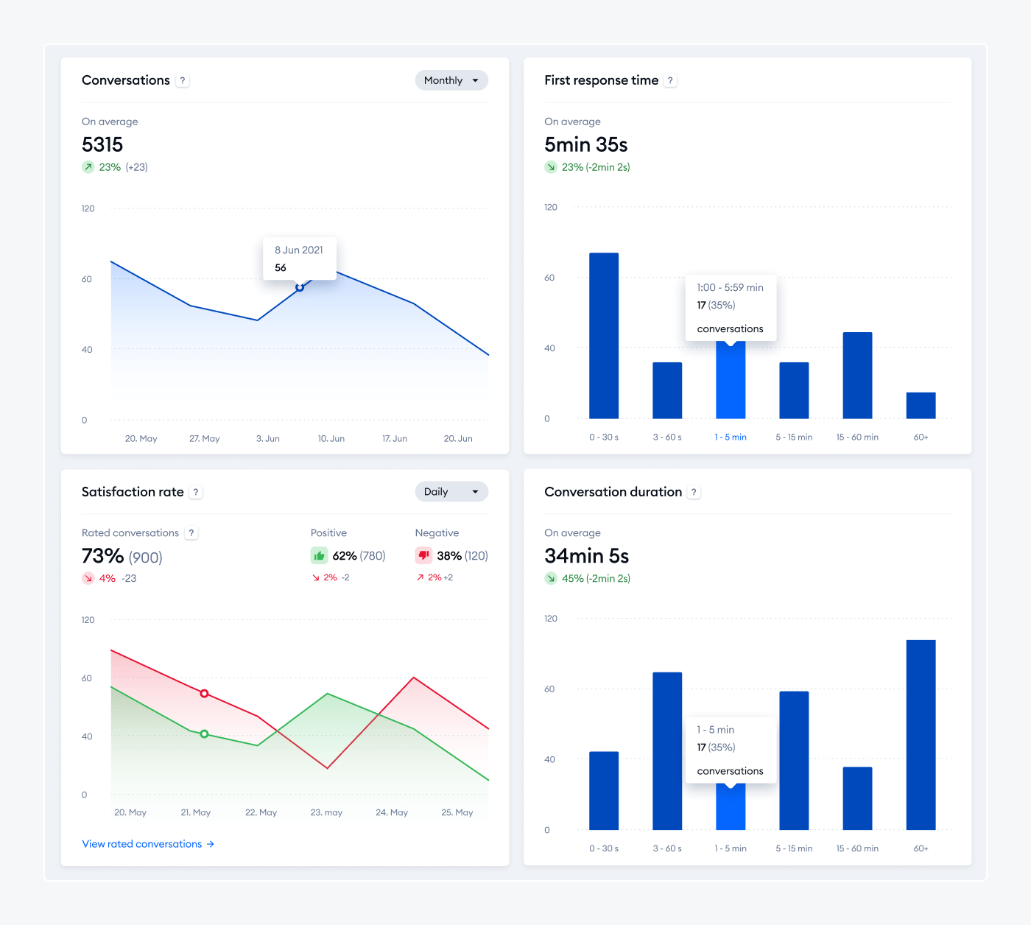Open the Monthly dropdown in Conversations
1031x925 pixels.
tap(451, 80)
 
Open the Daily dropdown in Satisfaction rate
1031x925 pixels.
tap(451, 492)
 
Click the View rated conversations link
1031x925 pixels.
tap(148, 844)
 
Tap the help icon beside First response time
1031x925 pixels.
tap(670, 81)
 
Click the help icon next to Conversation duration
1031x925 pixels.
tap(694, 493)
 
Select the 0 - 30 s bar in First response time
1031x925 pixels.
tap(604, 336)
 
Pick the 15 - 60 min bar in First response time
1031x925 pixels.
tap(857, 376)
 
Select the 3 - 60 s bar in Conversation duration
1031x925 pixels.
tap(667, 750)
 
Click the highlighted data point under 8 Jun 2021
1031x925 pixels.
tap(300, 287)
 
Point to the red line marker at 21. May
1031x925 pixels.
tap(205, 694)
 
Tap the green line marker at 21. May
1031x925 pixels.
tap(205, 734)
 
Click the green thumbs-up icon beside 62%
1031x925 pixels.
tap(319, 555)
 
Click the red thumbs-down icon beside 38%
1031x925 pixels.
tap(423, 555)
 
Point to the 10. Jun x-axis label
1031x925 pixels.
tap(331, 438)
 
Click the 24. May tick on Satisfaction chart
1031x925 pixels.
tap(392, 812)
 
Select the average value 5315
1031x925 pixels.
tap(102, 144)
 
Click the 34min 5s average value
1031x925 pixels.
tap(586, 556)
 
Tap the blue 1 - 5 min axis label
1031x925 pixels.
tap(731, 437)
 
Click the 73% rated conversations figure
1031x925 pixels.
tap(102, 556)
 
